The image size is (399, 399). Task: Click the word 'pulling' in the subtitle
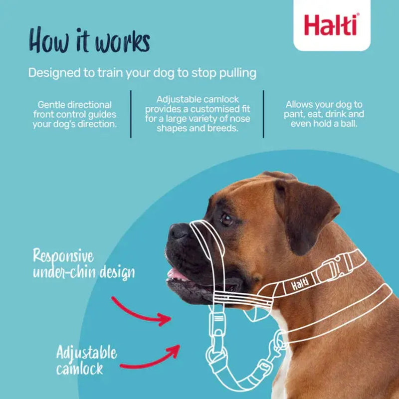[236, 73]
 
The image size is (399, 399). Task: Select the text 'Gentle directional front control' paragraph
[75, 114]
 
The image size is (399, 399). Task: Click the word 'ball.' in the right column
[347, 123]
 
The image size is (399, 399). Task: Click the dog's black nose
[178, 231]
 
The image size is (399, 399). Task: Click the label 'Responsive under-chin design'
[84, 264]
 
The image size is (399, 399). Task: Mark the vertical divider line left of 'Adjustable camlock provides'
[131, 114]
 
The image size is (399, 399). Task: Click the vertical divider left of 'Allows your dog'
[263, 114]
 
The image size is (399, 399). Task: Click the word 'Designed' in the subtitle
[54, 73]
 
